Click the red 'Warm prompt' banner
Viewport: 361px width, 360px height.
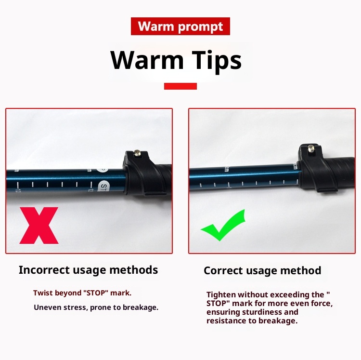(180, 27)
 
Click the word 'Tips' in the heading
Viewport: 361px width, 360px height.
(217, 60)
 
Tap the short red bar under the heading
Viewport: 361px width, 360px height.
(180, 86)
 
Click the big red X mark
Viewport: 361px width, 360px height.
(39, 226)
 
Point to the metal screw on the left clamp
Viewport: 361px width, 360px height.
(138, 152)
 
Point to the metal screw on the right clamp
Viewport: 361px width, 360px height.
(311, 147)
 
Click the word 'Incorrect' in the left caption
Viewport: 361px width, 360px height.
(44, 270)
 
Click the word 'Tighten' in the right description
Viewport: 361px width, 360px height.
(221, 294)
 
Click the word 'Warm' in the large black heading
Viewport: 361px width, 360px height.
(147, 60)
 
